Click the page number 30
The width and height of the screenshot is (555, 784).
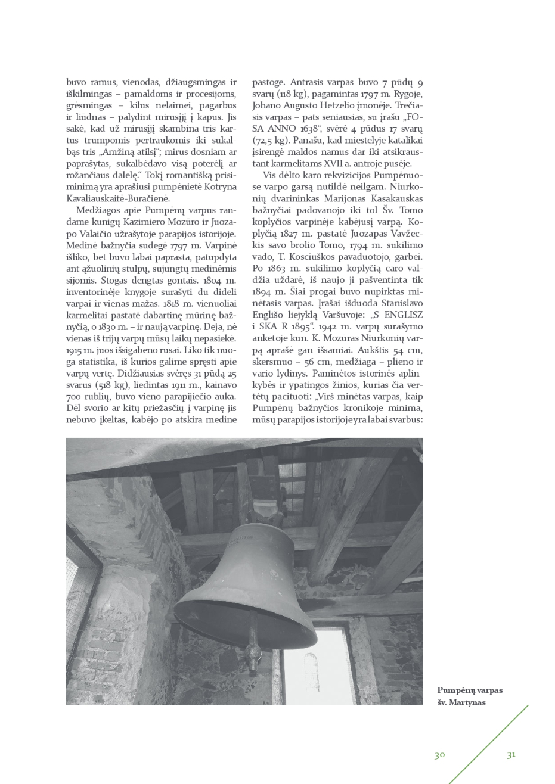pyautogui.click(x=439, y=755)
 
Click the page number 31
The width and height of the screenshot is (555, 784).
pyautogui.click(x=511, y=755)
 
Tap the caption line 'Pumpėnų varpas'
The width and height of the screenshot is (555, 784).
pyautogui.click(x=470, y=690)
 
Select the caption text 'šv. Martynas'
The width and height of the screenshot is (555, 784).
pyautogui.click(x=461, y=702)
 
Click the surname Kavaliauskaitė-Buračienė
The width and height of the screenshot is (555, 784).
pyautogui.click(x=119, y=198)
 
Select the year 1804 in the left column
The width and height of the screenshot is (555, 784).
pyautogui.click(x=213, y=280)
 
